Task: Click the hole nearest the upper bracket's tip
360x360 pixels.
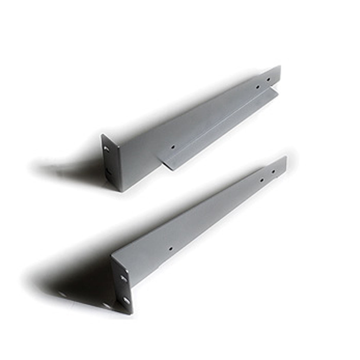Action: pyautogui.click(x=269, y=80)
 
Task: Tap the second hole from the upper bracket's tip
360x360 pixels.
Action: pyautogui.click(x=258, y=87)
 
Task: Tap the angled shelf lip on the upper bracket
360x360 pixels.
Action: pyautogui.click(x=219, y=130)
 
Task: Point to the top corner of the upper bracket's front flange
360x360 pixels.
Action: pyautogui.click(x=102, y=135)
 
